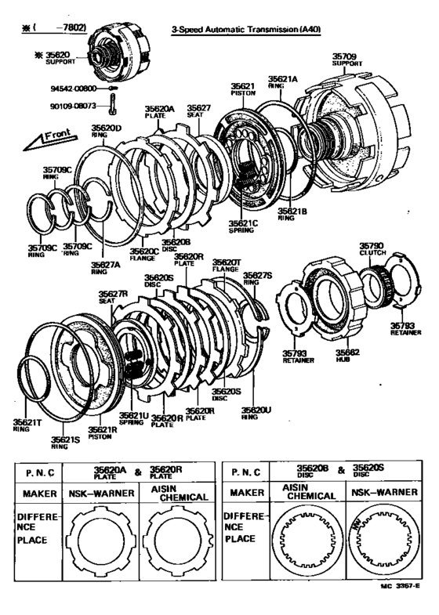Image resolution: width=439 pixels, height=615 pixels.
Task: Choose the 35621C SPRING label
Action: click(x=243, y=227)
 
